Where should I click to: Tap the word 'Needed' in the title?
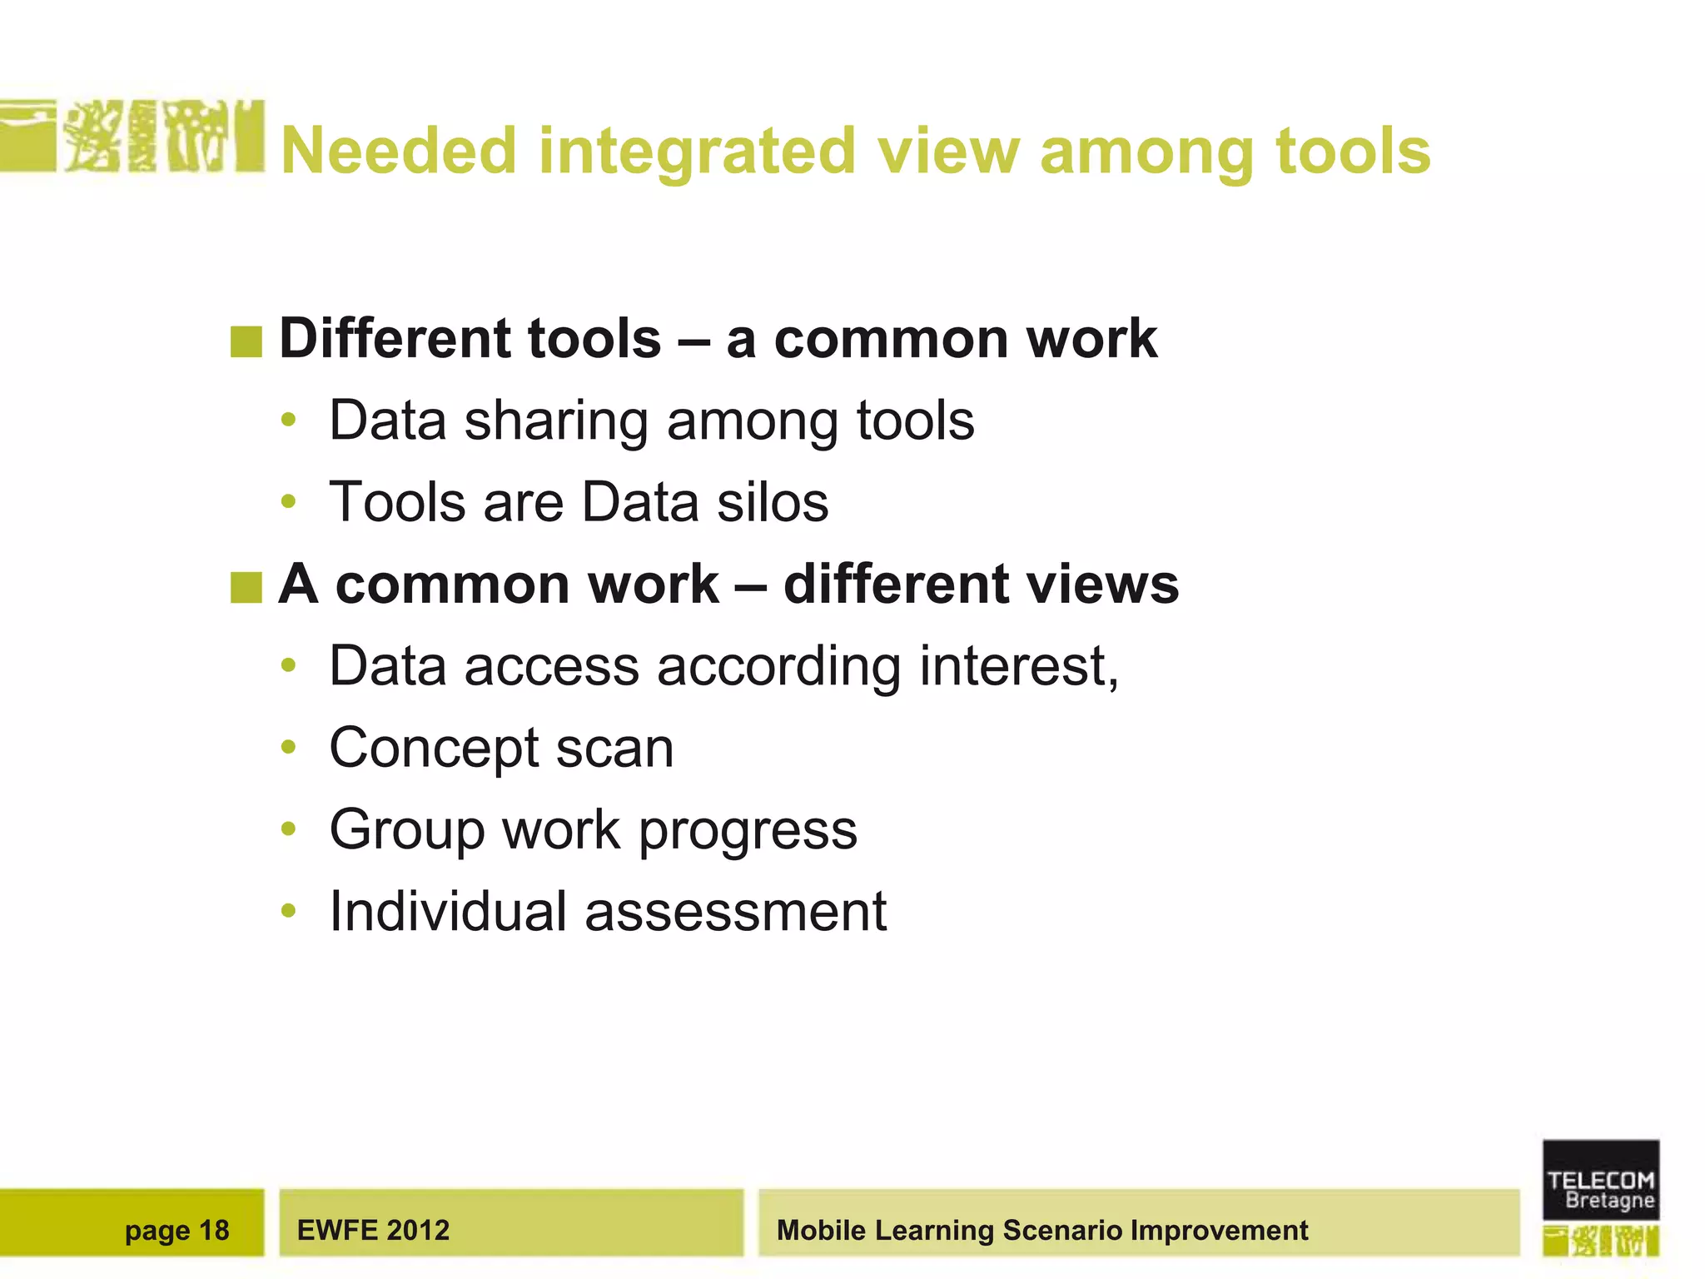399,152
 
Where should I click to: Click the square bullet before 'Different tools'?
246,341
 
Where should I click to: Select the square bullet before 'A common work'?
246,587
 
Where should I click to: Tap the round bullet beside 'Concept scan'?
289,747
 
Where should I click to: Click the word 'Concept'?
433,748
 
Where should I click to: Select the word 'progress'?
748,830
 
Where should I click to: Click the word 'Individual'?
447,911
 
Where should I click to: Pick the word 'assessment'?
736,911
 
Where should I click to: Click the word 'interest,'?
1019,666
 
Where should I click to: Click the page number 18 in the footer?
214,1230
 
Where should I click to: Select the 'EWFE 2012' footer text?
373,1230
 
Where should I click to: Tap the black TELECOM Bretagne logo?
1600,1180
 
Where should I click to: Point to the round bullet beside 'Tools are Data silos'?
289,501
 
